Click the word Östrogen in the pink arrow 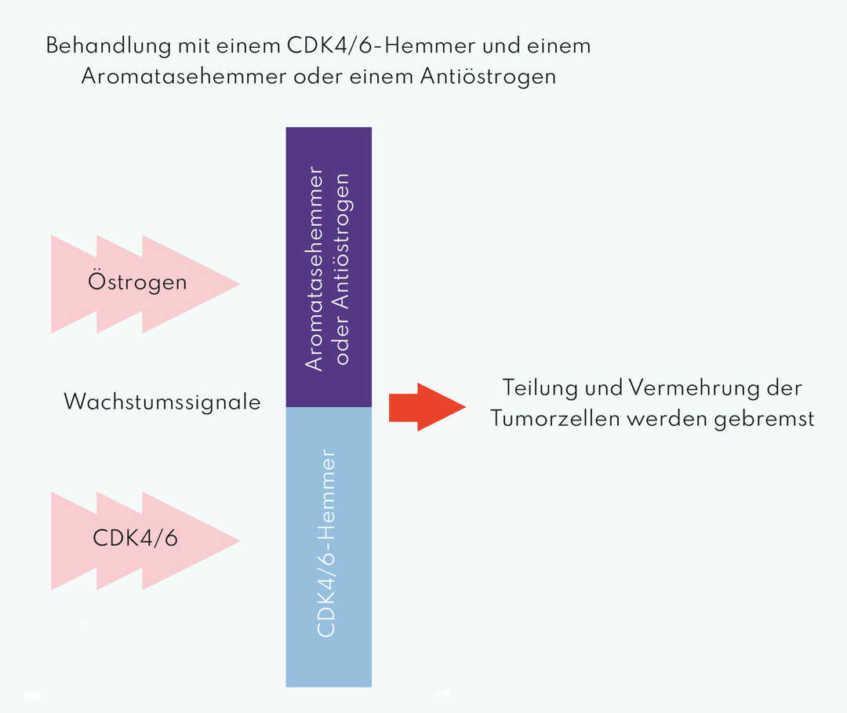(137, 281)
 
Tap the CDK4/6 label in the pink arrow (135, 539)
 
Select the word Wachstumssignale (162, 402)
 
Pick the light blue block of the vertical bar (329, 628)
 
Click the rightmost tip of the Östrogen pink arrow (238, 284)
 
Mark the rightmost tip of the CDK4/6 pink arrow (238, 540)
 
